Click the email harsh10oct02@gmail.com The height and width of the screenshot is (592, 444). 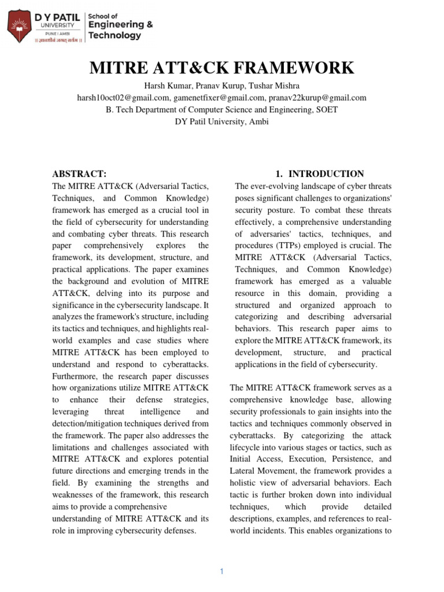tap(123, 98)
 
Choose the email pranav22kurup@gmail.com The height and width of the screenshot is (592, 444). tap(317, 98)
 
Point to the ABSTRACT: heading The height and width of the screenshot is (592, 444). tap(79, 174)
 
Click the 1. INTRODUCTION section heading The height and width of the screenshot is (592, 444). tap(319, 174)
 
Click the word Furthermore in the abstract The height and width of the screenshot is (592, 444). tap(77, 378)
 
